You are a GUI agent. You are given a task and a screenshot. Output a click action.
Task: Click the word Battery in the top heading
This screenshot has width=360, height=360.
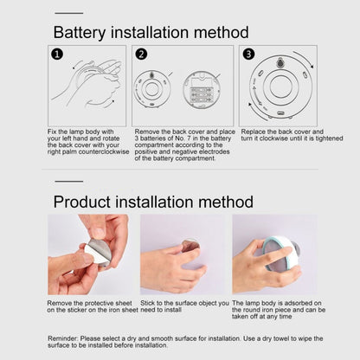(82, 32)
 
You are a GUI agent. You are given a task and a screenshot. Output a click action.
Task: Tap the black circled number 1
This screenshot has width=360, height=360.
(55, 54)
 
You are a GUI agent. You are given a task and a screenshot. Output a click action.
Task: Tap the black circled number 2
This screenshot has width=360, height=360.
(141, 54)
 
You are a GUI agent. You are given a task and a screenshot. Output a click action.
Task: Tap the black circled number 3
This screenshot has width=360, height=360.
(247, 54)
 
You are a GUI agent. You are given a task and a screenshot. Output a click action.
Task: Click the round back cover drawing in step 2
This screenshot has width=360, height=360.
(153, 89)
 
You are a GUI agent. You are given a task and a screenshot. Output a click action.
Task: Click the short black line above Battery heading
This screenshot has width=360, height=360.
(68, 14)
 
